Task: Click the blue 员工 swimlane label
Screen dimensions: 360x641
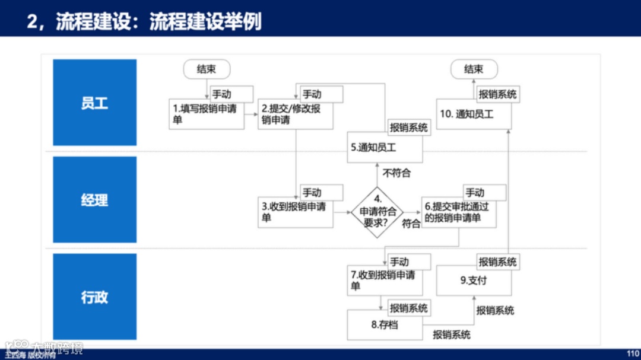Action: (94, 103)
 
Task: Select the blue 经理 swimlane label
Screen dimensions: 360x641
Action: (94, 200)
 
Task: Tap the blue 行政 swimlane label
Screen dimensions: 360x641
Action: (94, 297)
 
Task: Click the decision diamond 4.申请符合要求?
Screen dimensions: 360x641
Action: (376, 211)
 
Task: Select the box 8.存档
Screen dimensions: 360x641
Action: (385, 325)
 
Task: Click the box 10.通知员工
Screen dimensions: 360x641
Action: (474, 114)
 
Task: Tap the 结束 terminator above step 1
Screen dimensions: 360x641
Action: (206, 69)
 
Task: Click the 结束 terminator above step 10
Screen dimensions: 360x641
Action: (474, 69)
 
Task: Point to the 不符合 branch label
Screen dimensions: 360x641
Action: (396, 173)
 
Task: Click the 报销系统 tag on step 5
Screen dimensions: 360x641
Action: (408, 128)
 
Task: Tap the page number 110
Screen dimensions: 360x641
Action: (633, 352)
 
